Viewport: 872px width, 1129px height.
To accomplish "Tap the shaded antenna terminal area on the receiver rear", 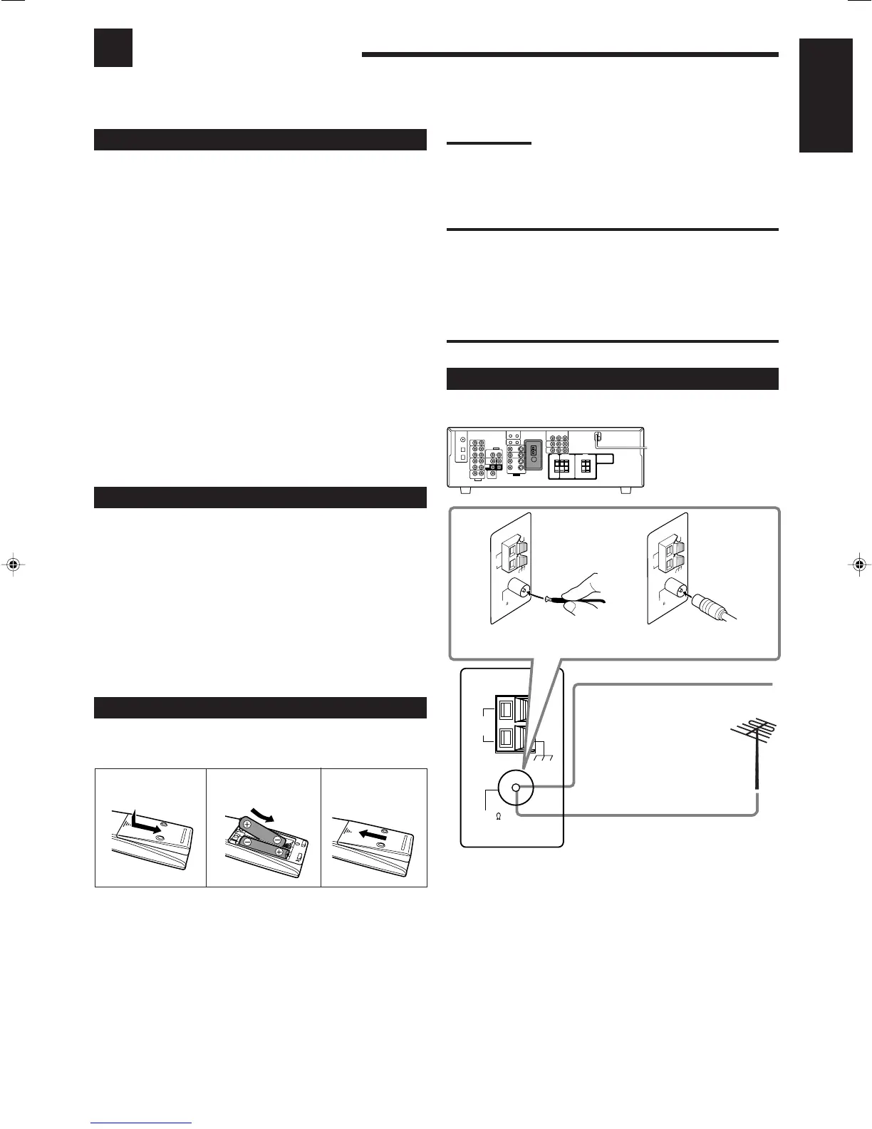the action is point(534,456).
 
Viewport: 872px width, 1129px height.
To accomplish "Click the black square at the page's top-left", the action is point(113,48).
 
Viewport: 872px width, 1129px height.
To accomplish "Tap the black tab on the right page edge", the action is point(826,96).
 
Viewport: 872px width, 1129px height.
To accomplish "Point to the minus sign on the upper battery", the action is point(277,820).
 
